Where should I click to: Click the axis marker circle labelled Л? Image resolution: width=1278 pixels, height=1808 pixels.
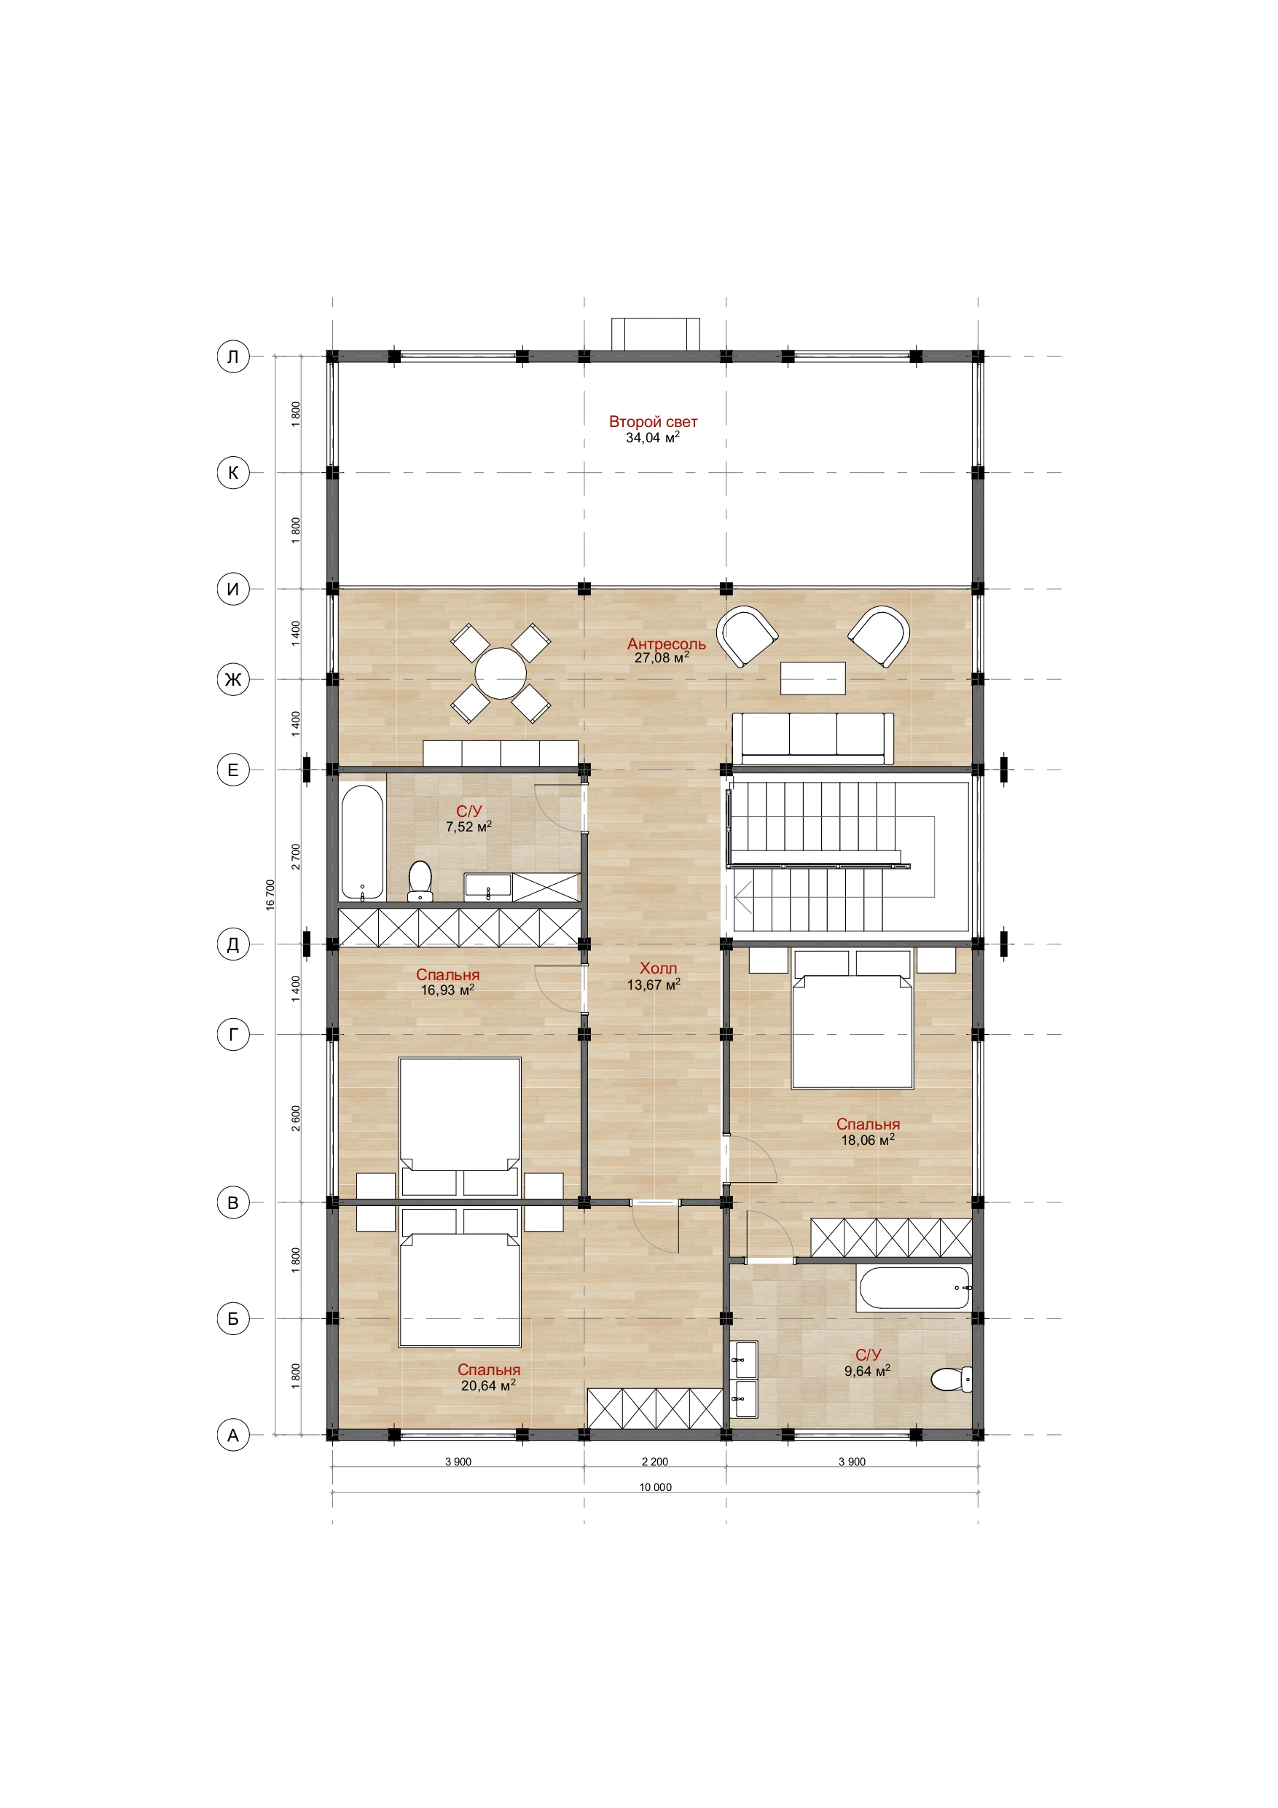click(x=233, y=357)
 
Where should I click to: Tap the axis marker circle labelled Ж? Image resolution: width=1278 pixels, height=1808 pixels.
click(x=233, y=678)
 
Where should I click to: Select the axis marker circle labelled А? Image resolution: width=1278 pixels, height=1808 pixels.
click(x=233, y=1435)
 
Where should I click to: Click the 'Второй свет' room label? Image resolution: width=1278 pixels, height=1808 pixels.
click(x=653, y=422)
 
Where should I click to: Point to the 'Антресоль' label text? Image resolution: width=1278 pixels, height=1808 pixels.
click(x=666, y=643)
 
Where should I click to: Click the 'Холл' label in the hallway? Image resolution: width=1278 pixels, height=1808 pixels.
click(x=657, y=968)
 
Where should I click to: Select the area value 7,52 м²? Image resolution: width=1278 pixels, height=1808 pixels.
click(x=469, y=827)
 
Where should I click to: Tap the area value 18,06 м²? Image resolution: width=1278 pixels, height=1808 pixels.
click(x=868, y=1140)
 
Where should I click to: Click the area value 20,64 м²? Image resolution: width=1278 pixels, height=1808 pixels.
click(x=488, y=1386)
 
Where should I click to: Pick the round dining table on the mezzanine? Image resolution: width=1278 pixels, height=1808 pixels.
click(x=501, y=673)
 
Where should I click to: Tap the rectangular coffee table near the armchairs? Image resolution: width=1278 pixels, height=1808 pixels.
click(x=812, y=678)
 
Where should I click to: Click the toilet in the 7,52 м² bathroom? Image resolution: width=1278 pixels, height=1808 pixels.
click(x=420, y=881)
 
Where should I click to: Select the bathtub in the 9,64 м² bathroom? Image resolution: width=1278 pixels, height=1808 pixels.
click(x=914, y=1288)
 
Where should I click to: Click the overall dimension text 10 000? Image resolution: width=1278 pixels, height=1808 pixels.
click(x=655, y=1487)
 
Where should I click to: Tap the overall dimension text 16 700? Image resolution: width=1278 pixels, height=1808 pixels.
click(x=270, y=896)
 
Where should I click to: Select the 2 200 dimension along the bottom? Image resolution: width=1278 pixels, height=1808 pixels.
click(x=654, y=1462)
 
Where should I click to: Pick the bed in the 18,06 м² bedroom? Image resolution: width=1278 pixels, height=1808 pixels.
click(x=852, y=1020)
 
